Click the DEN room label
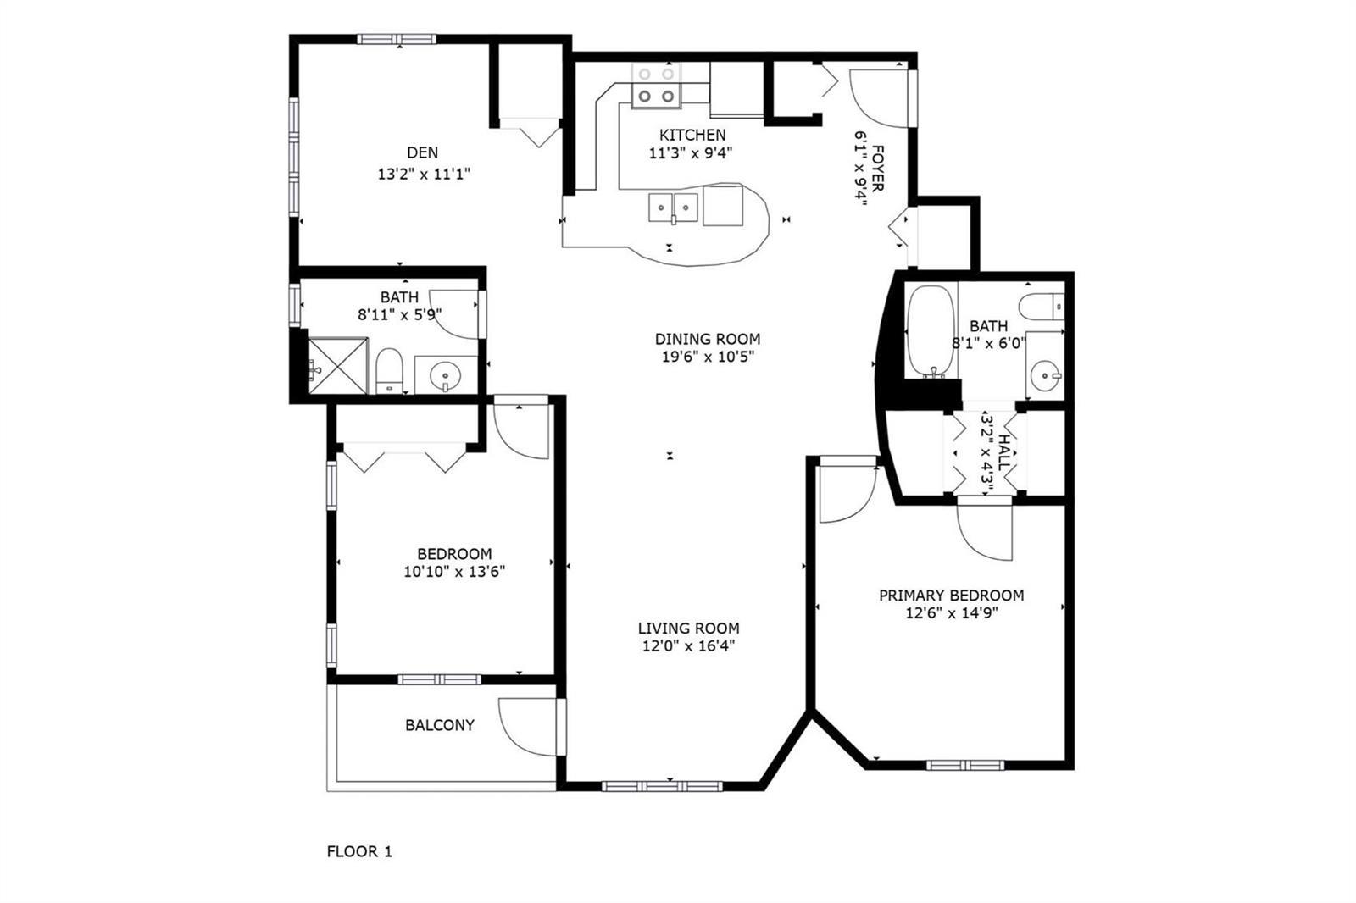tap(423, 152)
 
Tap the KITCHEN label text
tap(692, 135)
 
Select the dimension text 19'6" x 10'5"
tap(708, 357)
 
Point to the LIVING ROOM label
tap(688, 629)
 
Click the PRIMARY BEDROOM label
tap(951, 596)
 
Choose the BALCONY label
tap(440, 725)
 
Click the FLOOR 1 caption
tap(359, 851)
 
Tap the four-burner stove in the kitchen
tap(656, 86)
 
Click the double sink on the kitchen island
tap(673, 208)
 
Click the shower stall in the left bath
tap(338, 366)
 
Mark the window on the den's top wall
tap(397, 39)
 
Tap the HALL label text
tap(1003, 452)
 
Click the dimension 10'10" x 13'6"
tap(454, 571)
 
